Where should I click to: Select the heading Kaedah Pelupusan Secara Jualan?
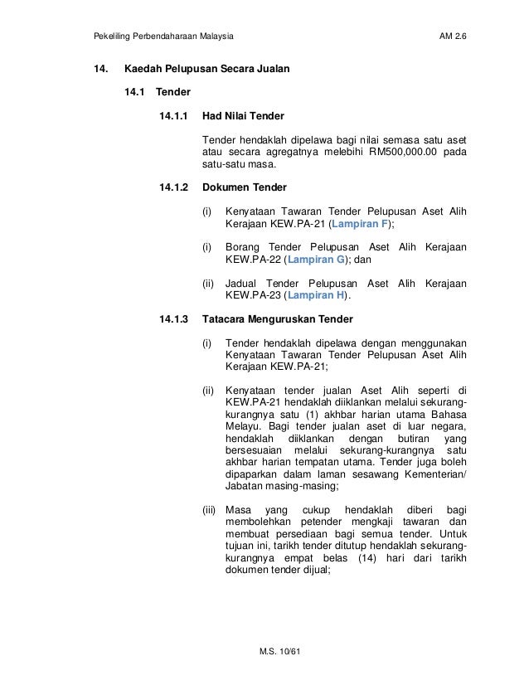click(206, 69)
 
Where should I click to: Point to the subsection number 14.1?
click(134, 92)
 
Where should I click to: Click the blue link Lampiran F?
click(358, 224)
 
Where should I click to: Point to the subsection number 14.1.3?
click(174, 318)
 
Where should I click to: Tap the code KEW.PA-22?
click(253, 260)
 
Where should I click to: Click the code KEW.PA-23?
click(253, 295)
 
